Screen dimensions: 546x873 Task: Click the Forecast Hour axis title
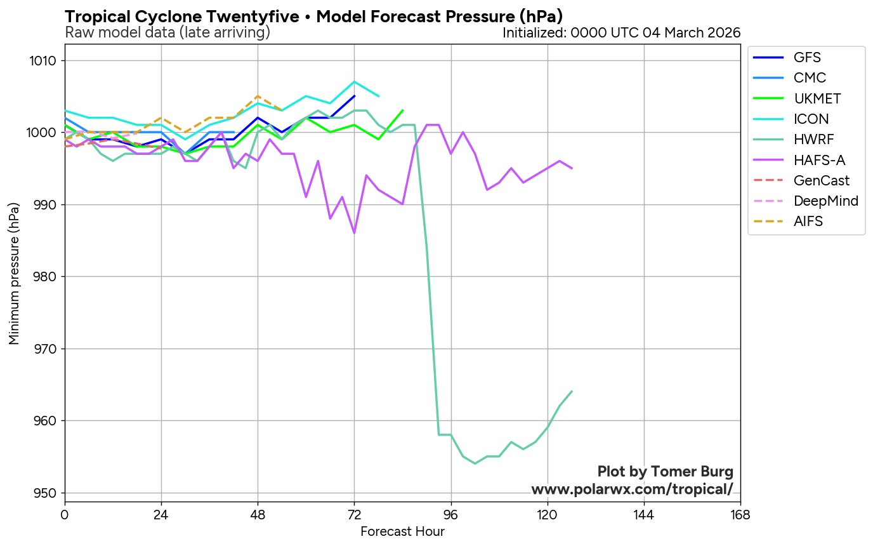coord(402,531)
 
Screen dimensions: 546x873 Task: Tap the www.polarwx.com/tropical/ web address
coord(632,489)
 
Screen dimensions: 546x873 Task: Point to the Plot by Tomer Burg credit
coord(666,472)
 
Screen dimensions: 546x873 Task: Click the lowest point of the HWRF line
coord(475,463)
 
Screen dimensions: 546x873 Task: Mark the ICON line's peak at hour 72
coord(355,81)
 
